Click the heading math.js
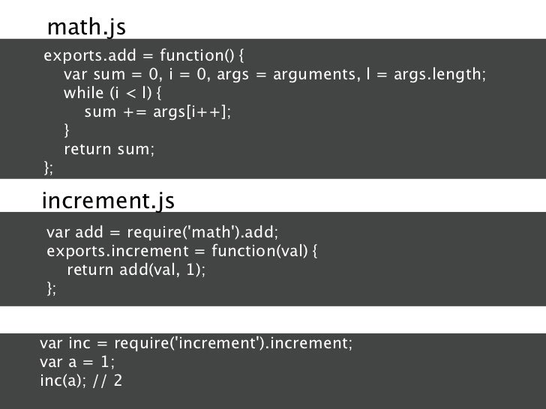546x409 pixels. pyautogui.click(x=86, y=27)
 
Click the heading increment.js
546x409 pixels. pyautogui.click(x=108, y=201)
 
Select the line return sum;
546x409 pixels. pyautogui.click(x=109, y=149)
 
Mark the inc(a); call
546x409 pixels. pyautogui.click(x=62, y=381)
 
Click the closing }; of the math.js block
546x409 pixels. pyautogui.click(x=49, y=168)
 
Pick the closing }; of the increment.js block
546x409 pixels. pyautogui.click(x=51, y=288)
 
